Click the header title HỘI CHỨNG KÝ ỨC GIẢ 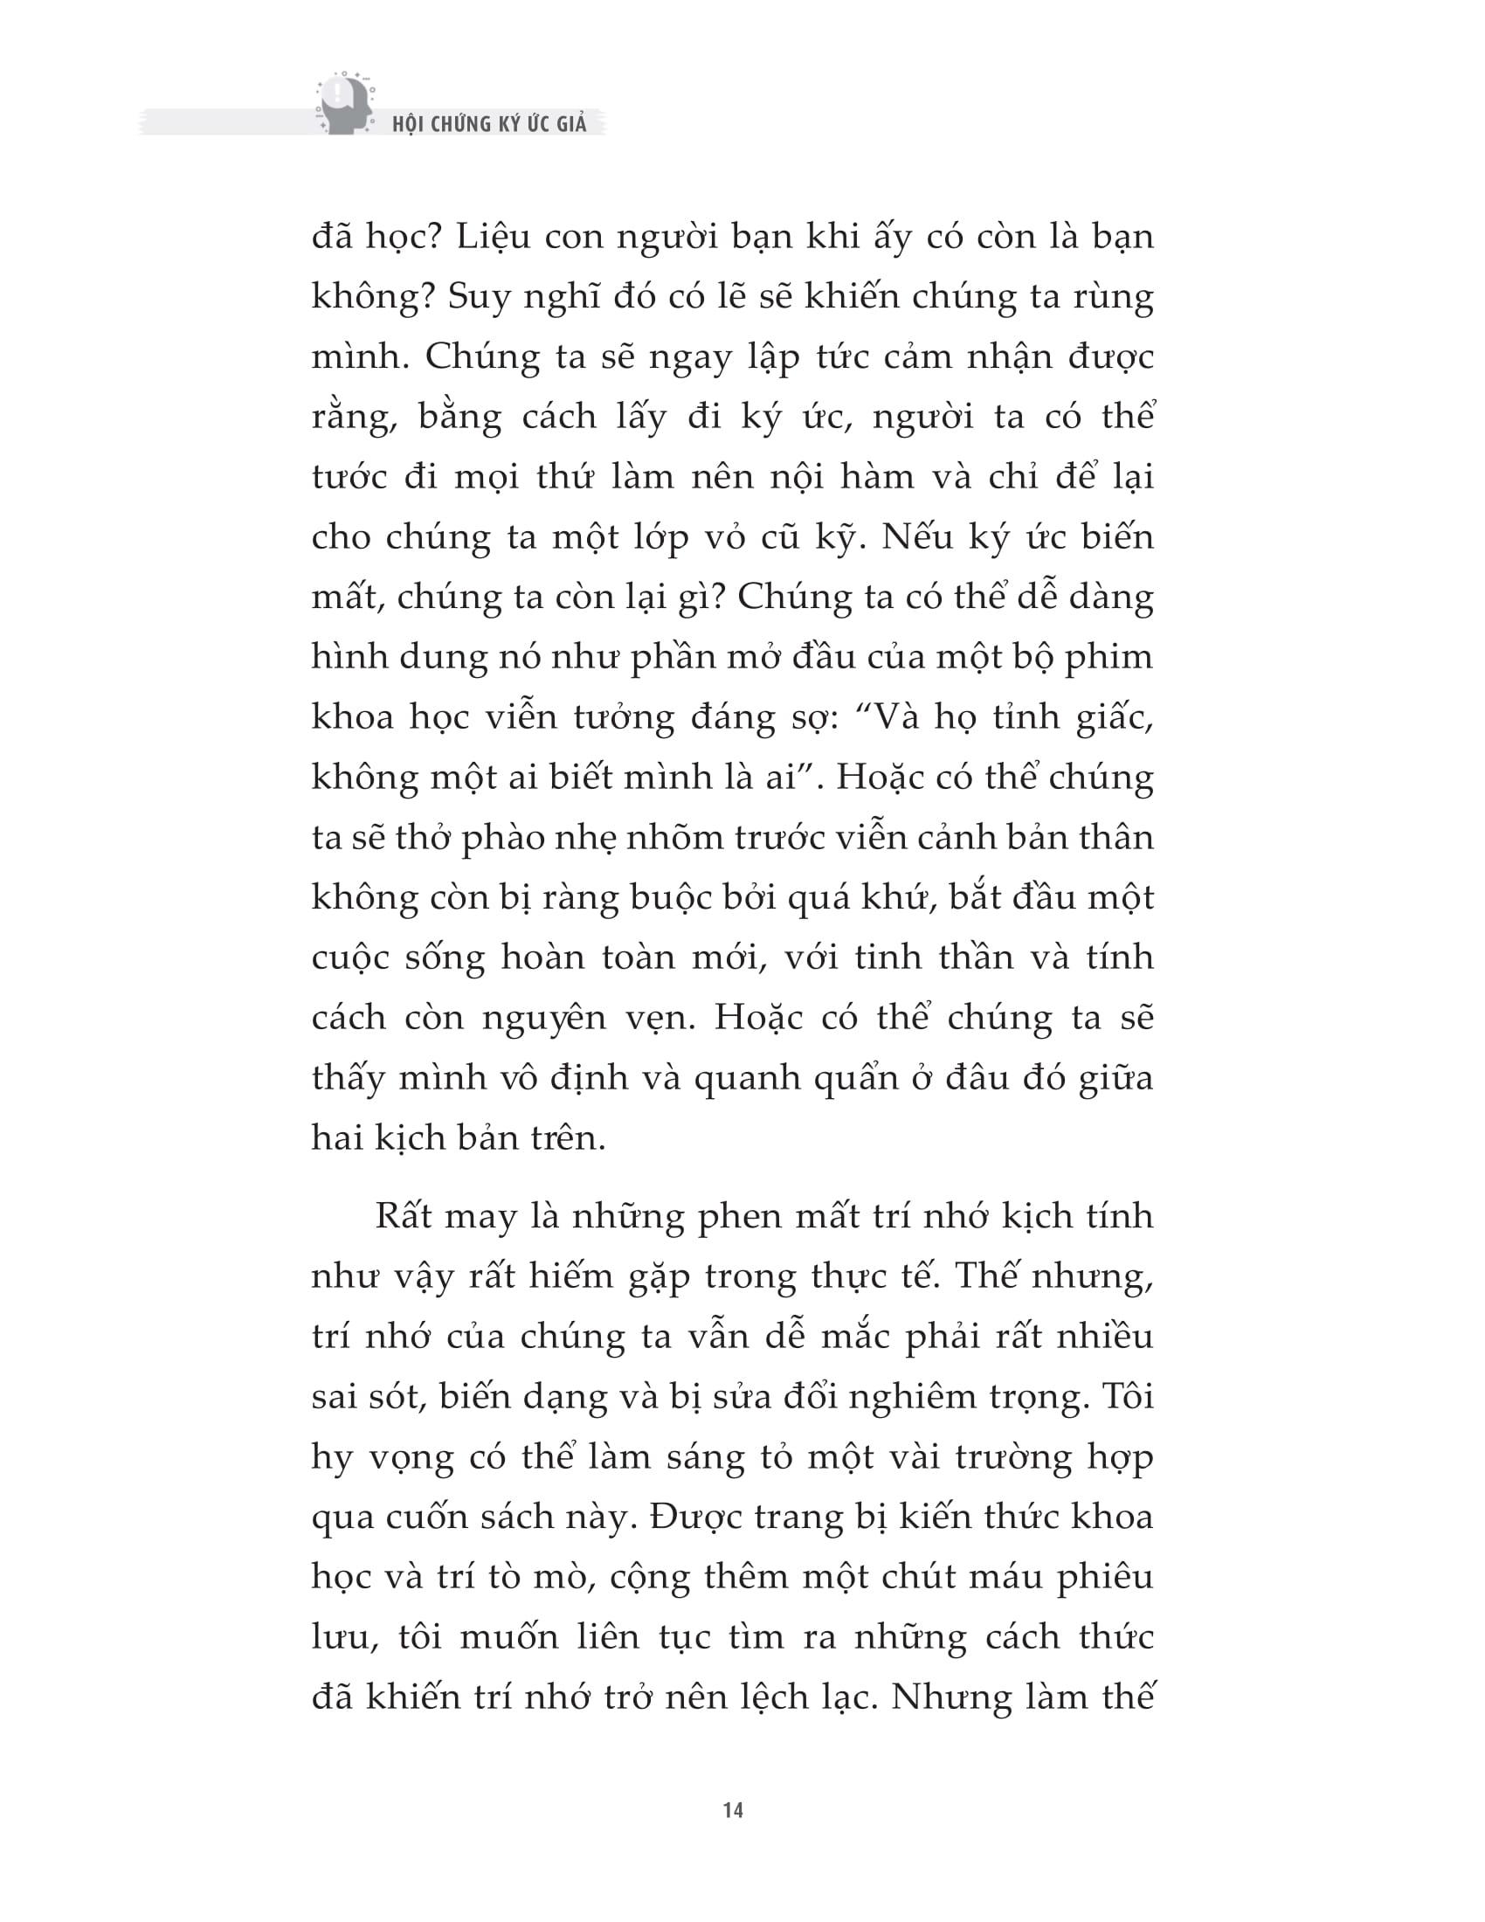(x=489, y=124)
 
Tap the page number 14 (x=733, y=1810)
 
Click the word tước (x=349, y=478)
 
